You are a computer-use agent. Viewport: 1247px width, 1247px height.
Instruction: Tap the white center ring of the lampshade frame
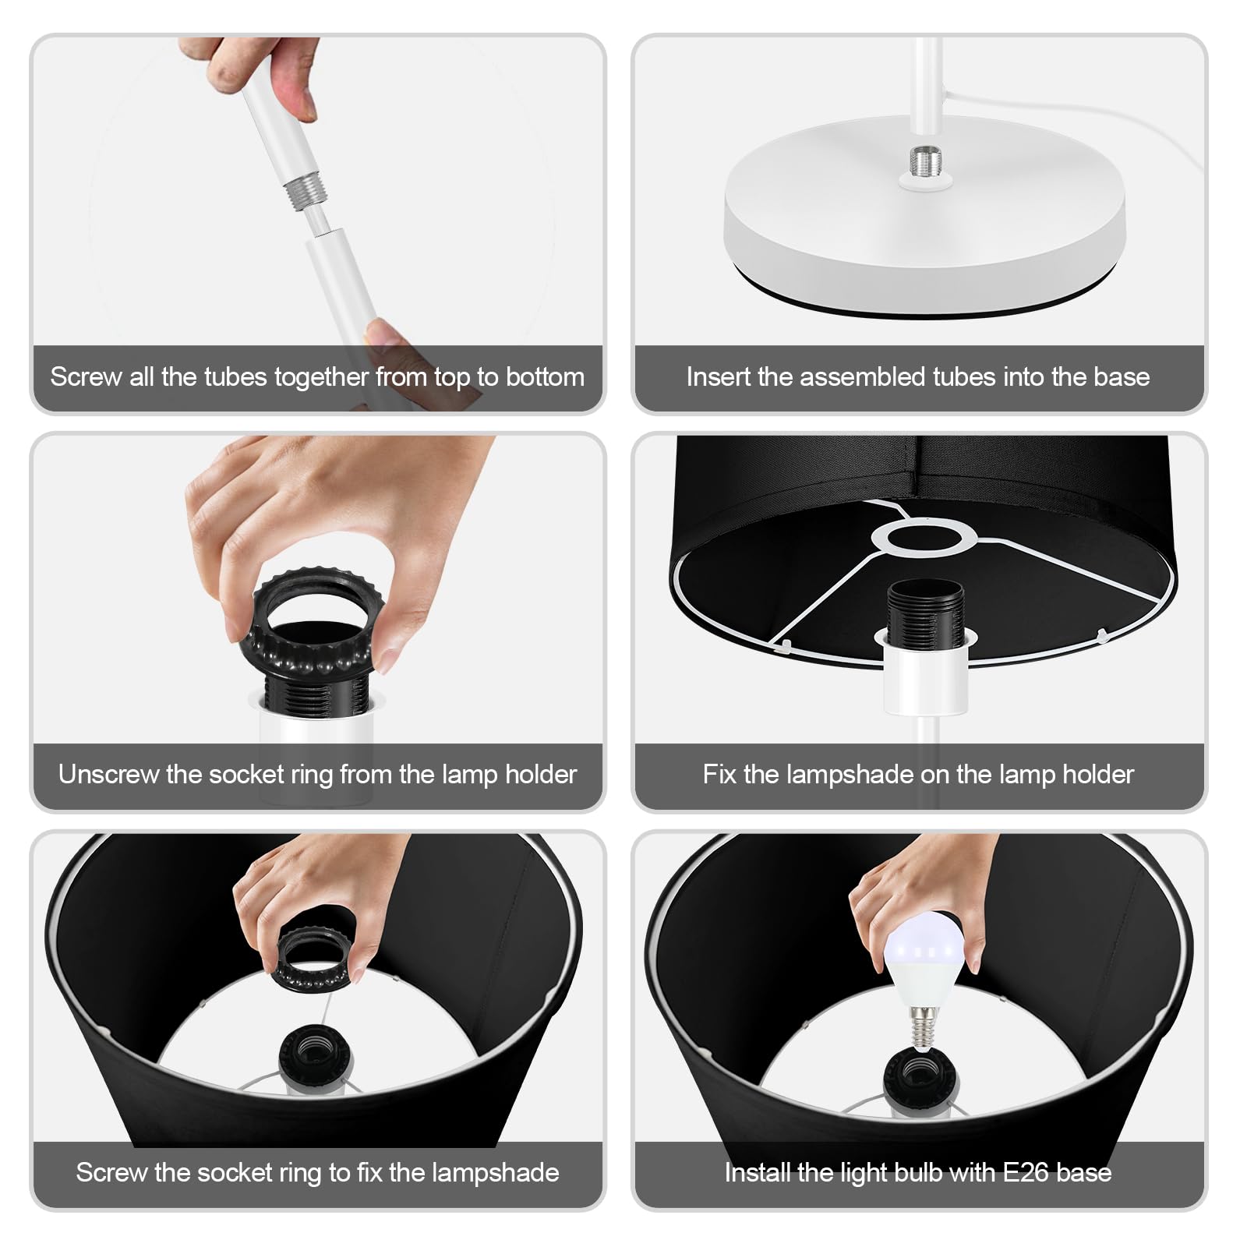click(924, 537)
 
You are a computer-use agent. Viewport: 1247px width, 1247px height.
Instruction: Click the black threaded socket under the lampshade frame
click(924, 609)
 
